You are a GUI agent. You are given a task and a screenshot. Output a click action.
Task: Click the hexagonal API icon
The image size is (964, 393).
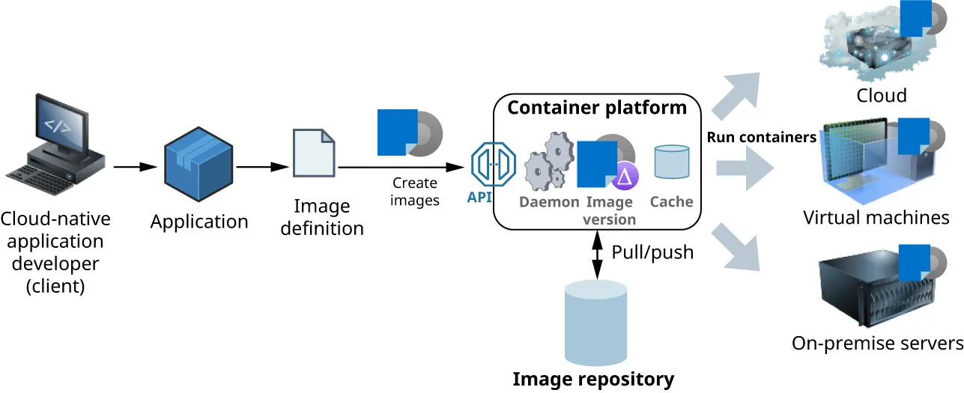pyautogui.click(x=493, y=165)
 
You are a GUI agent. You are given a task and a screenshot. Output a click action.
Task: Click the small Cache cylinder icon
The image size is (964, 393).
pyautogui.click(x=671, y=162)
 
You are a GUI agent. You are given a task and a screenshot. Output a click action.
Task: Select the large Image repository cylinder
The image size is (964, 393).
pyautogui.click(x=596, y=322)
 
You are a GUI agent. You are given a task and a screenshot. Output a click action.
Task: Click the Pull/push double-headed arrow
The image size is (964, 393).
pyautogui.click(x=597, y=255)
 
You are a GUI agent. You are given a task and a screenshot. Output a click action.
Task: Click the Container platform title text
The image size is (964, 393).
pyautogui.click(x=597, y=108)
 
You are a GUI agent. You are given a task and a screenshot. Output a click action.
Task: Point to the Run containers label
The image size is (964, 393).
pyautogui.click(x=761, y=138)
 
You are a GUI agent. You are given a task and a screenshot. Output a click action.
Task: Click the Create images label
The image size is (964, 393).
pyautogui.click(x=414, y=192)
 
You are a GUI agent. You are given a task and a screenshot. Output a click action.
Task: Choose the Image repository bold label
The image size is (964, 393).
pyautogui.click(x=593, y=380)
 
